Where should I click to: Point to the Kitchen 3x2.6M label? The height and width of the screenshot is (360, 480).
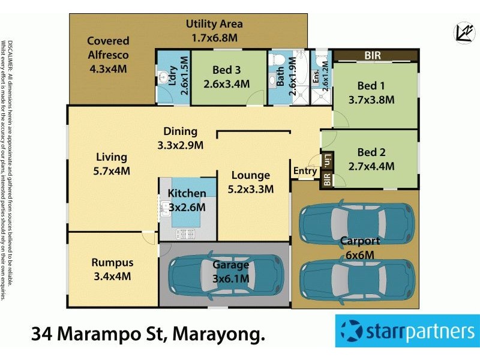coord(187,200)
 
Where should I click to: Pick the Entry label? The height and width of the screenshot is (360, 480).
coord(305,171)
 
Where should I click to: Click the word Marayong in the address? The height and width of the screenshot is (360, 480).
coord(218,333)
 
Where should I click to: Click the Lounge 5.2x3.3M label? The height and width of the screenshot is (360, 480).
coord(251,182)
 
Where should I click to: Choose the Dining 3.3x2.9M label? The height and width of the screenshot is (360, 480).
coord(180,138)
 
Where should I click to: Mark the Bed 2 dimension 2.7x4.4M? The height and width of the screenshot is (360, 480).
coord(371,166)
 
